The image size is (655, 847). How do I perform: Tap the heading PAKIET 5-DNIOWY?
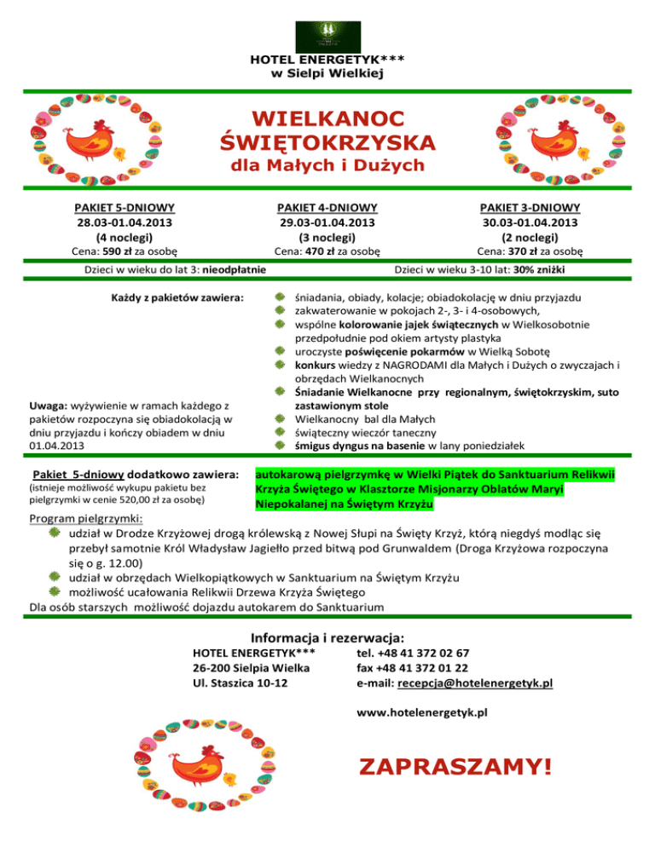point(125,207)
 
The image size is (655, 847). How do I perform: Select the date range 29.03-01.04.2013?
point(328,222)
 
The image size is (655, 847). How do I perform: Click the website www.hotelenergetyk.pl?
point(421,712)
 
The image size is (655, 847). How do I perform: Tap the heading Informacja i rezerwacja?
point(327,637)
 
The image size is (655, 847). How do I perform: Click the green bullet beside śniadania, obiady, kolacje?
point(279,298)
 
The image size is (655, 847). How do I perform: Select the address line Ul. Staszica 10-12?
point(241,683)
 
